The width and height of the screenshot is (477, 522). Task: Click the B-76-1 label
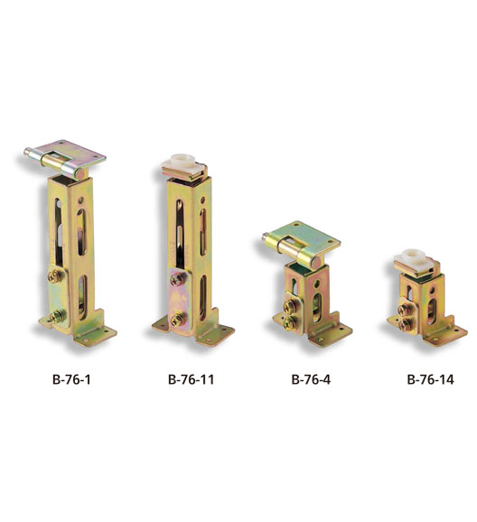click(71, 379)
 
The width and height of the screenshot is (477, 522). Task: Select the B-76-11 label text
click(191, 379)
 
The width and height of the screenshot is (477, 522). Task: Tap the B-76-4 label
click(311, 379)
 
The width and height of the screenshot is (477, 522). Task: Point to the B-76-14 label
click(430, 379)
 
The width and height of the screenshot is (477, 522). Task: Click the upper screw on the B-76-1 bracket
click(56, 276)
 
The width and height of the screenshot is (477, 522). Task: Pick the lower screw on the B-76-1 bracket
click(57, 317)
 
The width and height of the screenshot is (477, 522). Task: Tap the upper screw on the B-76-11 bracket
click(178, 279)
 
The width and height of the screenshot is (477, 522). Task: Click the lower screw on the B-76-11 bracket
click(178, 320)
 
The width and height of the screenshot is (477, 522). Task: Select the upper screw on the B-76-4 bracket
click(291, 306)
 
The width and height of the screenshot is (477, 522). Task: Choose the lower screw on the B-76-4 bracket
click(291, 322)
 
